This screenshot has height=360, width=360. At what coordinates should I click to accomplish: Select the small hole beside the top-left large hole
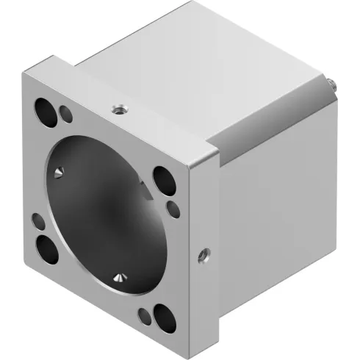pyautogui.click(x=65, y=114)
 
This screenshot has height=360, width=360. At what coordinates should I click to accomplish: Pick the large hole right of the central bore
pyautogui.click(x=162, y=179)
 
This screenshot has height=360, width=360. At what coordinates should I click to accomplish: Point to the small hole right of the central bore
pyautogui.click(x=173, y=209)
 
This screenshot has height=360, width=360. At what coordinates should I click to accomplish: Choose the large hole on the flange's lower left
pyautogui.click(x=50, y=248)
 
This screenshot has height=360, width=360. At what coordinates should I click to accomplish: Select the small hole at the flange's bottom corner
pyautogui.click(x=143, y=316)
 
